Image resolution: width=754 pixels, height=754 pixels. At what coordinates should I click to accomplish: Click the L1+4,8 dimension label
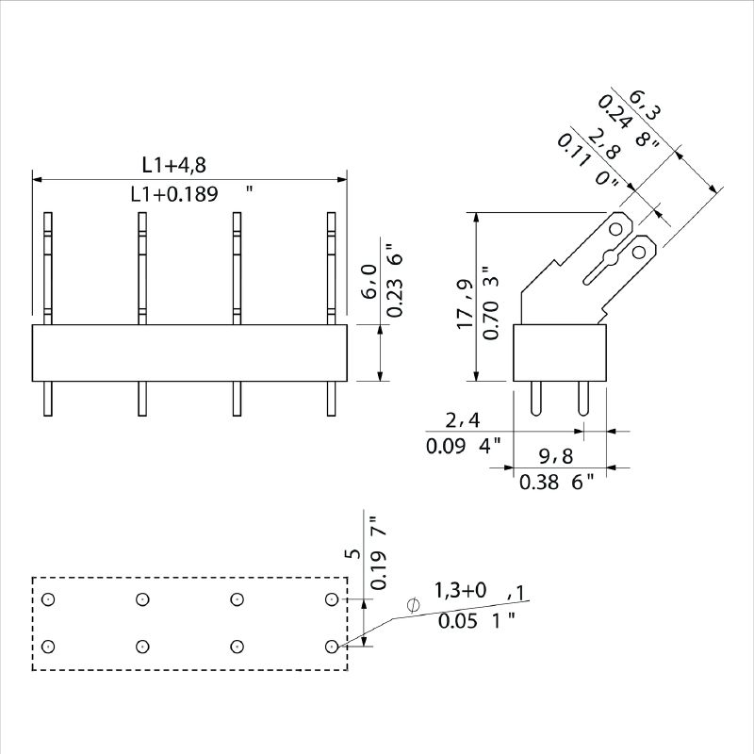click(174, 165)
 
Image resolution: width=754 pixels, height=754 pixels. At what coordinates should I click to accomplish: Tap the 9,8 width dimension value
click(556, 456)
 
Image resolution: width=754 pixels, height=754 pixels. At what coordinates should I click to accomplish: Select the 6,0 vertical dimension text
click(370, 281)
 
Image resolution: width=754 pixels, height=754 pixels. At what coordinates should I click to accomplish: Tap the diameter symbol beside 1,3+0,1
click(412, 604)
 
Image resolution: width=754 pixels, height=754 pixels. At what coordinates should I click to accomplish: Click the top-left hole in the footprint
click(49, 599)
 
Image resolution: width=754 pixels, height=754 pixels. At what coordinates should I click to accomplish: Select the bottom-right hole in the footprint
click(331, 646)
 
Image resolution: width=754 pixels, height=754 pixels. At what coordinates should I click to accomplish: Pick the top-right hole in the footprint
click(331, 599)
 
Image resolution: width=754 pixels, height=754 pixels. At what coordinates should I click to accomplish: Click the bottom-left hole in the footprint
click(49, 646)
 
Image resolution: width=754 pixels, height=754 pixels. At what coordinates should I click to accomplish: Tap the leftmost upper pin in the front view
click(49, 269)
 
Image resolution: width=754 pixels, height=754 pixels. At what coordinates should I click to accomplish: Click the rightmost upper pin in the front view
click(332, 269)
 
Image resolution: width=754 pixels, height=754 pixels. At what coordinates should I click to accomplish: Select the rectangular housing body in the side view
click(558, 353)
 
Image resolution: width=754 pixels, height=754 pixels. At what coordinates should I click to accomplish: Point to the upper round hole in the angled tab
click(617, 229)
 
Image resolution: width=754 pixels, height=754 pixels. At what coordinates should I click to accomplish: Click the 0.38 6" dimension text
click(557, 483)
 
